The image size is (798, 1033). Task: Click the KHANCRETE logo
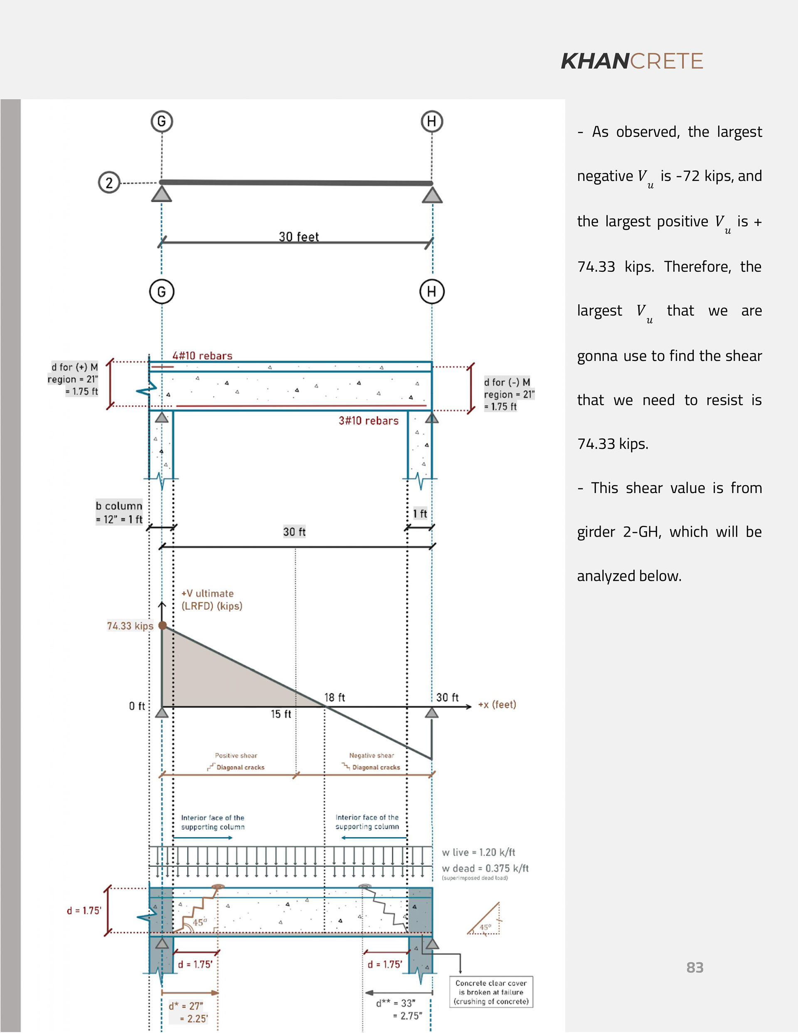click(x=631, y=62)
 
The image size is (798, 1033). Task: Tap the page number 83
click(x=695, y=967)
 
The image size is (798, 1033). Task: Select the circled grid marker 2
click(x=109, y=182)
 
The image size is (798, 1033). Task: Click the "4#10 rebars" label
click(x=202, y=356)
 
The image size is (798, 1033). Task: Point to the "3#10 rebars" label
click(x=369, y=421)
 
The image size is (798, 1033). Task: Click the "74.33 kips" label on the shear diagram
click(x=130, y=626)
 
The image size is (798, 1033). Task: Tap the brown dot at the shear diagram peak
click(x=162, y=625)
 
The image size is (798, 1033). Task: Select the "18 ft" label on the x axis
click(x=335, y=697)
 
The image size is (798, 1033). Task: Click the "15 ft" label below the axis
click(x=281, y=714)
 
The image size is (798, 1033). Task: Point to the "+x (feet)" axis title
click(x=497, y=704)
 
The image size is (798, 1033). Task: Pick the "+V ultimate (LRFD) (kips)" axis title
click(x=212, y=599)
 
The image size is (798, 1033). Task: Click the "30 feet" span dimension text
click(x=298, y=237)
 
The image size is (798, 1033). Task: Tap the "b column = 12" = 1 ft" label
click(x=119, y=512)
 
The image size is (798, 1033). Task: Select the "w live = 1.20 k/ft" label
click(x=478, y=852)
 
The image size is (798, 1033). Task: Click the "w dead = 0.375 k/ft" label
click(x=485, y=868)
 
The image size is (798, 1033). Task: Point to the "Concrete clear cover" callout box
click(x=490, y=991)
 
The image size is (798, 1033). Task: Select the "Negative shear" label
click(x=371, y=755)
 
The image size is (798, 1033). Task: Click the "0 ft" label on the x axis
click(x=137, y=706)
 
